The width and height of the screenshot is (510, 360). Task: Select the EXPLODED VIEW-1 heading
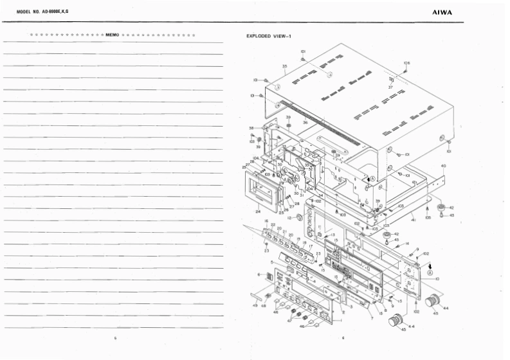pyautogui.click(x=269, y=36)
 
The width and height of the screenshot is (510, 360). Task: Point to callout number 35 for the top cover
pyautogui.click(x=284, y=66)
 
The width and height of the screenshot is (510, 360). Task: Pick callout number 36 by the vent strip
pyautogui.click(x=305, y=122)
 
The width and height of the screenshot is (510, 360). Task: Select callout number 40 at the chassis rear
pyautogui.click(x=443, y=166)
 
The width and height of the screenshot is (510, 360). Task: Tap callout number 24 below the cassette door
pyautogui.click(x=258, y=210)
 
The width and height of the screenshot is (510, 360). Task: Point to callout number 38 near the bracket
pyautogui.click(x=251, y=128)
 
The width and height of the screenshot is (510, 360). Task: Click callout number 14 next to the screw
pyautogui.click(x=407, y=243)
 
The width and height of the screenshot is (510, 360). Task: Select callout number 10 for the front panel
pyautogui.click(x=437, y=278)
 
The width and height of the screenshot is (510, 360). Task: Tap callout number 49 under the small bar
pyautogui.click(x=255, y=305)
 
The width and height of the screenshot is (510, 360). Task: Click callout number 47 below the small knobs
pyautogui.click(x=289, y=319)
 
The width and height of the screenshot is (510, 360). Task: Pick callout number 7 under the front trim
pyautogui.click(x=372, y=319)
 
